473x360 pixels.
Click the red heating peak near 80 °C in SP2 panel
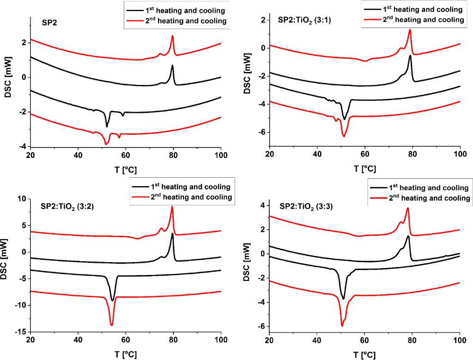coord(172,36)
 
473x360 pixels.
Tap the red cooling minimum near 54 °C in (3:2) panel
coord(112,325)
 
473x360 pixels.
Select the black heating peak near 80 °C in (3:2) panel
coord(172,234)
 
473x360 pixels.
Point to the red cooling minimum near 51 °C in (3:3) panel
coord(342,326)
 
